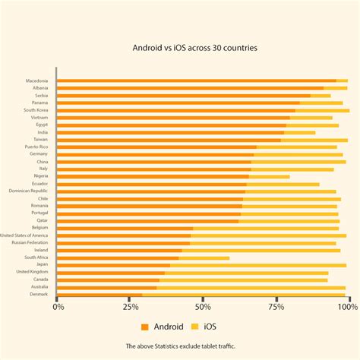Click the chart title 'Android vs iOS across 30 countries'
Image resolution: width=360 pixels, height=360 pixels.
pos(195,47)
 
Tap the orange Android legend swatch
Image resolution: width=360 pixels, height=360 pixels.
pos(144,327)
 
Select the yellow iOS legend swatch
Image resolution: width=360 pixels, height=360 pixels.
pos(194,327)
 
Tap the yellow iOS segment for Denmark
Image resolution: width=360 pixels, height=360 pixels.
pos(243,294)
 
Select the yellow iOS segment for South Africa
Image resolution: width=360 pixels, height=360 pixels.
pos(204,257)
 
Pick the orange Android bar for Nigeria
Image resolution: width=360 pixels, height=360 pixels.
pos(153,176)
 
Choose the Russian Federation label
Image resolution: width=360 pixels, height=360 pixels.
pos(30,242)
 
